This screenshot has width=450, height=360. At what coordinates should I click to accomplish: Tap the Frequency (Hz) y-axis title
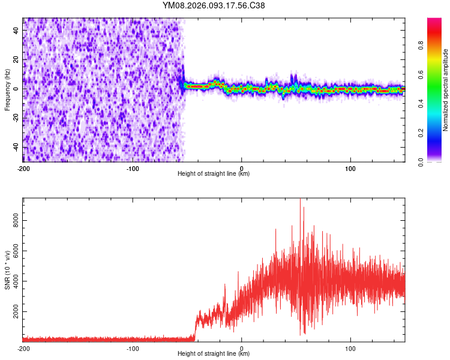tap(7, 90)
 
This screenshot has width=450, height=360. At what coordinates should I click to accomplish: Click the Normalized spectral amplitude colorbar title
tap(446, 90)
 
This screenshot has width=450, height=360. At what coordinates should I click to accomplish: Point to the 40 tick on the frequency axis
tap(16, 30)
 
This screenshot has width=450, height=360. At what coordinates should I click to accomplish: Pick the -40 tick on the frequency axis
tap(15, 148)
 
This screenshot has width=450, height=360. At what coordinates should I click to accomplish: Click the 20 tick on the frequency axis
tap(16, 59)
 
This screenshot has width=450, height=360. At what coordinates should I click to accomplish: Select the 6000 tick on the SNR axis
tap(13, 251)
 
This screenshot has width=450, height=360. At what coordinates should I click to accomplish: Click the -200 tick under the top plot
tap(23, 168)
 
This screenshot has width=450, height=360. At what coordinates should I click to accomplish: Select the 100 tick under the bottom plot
tap(351, 348)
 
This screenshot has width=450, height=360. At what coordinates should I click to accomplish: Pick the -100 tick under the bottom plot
tap(133, 348)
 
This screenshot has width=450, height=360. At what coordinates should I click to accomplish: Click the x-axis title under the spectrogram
tap(214, 174)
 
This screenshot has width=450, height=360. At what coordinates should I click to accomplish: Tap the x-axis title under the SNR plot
tap(214, 354)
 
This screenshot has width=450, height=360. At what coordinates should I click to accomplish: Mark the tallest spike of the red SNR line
tap(300, 200)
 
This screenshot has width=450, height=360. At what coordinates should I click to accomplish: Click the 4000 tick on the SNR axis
tap(13, 282)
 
